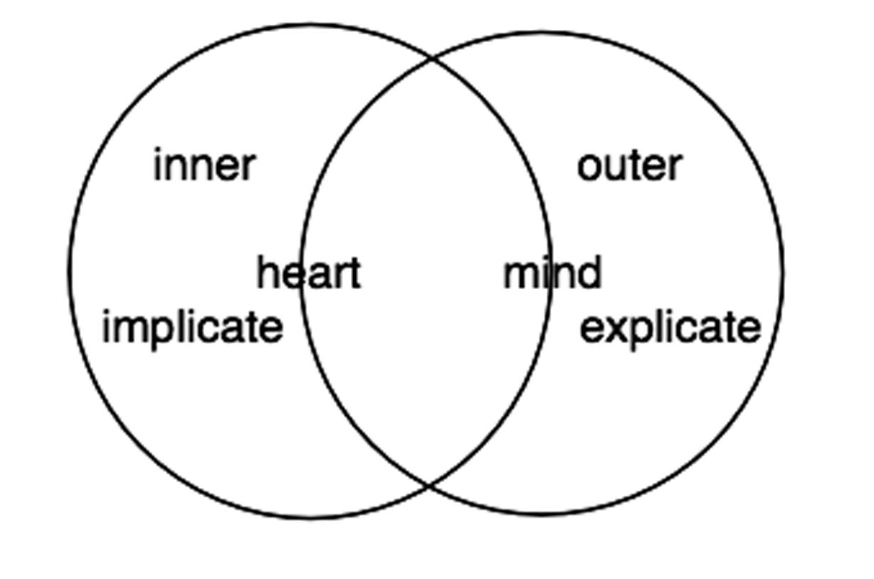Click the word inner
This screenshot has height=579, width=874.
(x=204, y=165)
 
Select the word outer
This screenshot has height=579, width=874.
(x=629, y=165)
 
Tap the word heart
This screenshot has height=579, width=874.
(x=308, y=273)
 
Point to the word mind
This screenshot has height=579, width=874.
(x=552, y=273)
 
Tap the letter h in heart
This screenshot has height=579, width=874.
(x=268, y=273)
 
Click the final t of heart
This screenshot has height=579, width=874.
(x=355, y=274)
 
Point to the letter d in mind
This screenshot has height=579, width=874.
(x=590, y=273)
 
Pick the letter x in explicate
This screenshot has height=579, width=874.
(x=611, y=330)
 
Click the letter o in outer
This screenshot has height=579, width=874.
(x=589, y=168)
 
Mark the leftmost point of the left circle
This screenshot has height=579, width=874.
(x=69, y=271)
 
